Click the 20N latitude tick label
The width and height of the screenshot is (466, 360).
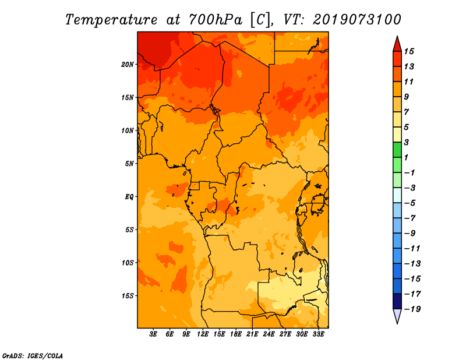pyautogui.click(x=128, y=65)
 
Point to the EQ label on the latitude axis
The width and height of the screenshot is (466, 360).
pyautogui.click(x=129, y=197)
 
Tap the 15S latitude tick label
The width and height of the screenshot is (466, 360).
pyautogui.click(x=128, y=296)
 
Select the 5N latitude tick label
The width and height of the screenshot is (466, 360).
pyautogui.click(x=129, y=164)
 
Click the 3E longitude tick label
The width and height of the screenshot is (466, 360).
pyautogui.click(x=153, y=334)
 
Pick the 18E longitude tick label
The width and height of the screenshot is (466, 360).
pyautogui.click(x=236, y=334)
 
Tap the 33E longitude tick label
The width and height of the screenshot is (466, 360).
pyautogui.click(x=318, y=334)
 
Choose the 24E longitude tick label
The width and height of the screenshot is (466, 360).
pyautogui.click(x=269, y=334)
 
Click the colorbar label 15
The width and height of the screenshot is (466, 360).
pyautogui.click(x=409, y=51)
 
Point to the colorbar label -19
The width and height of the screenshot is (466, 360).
pyautogui.click(x=412, y=309)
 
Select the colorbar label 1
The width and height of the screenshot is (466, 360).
pyautogui.click(x=406, y=157)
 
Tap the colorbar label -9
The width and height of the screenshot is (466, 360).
pyautogui.click(x=409, y=234)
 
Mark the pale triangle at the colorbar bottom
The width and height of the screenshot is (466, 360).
pyautogui.click(x=397, y=315)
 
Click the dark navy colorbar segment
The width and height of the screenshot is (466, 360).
pyautogui.click(x=397, y=301)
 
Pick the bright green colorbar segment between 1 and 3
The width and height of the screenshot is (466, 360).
pyautogui.click(x=397, y=150)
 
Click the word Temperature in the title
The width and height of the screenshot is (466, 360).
pyautogui.click(x=111, y=20)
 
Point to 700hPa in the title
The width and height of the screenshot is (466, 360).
pyautogui.click(x=215, y=20)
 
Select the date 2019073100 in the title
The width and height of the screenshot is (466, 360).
pyautogui.click(x=357, y=20)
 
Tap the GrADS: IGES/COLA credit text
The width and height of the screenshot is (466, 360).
pyautogui.click(x=33, y=355)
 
